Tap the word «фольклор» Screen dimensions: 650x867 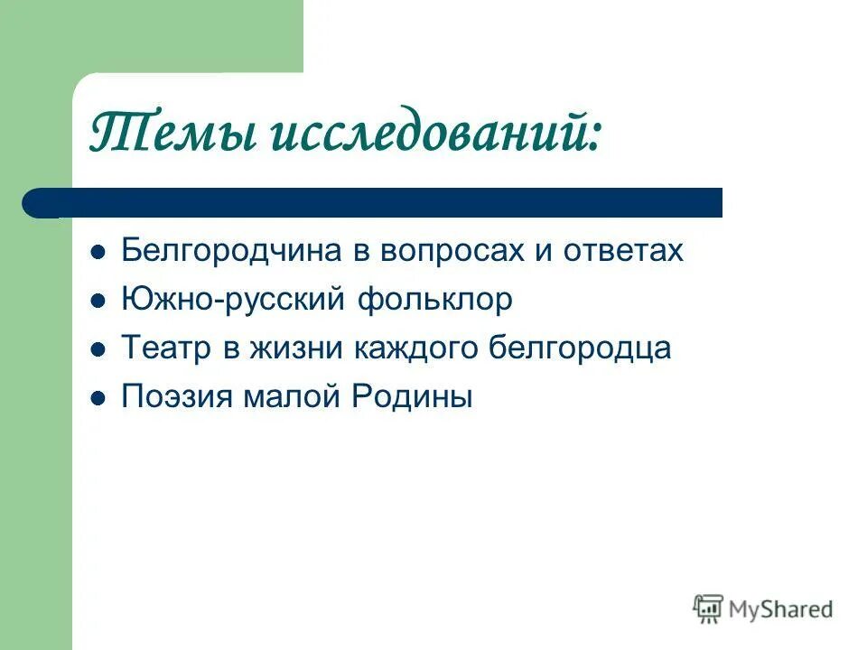tap(435, 300)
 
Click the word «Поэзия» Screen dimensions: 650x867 tap(176, 397)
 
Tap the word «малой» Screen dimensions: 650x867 tap(291, 397)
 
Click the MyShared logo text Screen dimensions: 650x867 tap(781, 610)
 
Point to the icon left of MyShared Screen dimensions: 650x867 tap(709, 608)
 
